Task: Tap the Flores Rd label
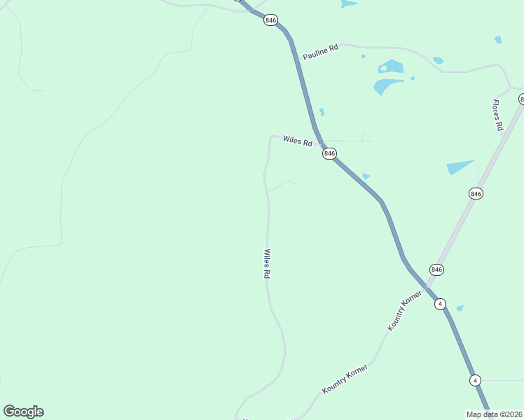coord(497,115)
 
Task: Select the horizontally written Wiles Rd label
coord(298,141)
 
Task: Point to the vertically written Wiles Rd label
coord(267,264)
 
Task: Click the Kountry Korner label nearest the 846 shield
coord(405,311)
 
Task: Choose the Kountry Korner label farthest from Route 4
coord(345,378)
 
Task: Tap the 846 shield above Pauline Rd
coord(270,20)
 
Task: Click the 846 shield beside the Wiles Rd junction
coord(330,153)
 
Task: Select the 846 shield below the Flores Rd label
coord(476,193)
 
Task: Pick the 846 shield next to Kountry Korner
coord(437,269)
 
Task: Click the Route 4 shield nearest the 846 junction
coord(439,304)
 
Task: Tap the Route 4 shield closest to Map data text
coord(475,380)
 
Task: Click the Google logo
coord(23,412)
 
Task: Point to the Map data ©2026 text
coord(495,414)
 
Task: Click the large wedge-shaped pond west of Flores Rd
coord(459,168)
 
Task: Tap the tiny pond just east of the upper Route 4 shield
coord(460,308)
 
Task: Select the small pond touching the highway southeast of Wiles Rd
coord(366,176)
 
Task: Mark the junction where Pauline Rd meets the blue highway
coord(298,59)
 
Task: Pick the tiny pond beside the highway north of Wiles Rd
coord(322,111)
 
